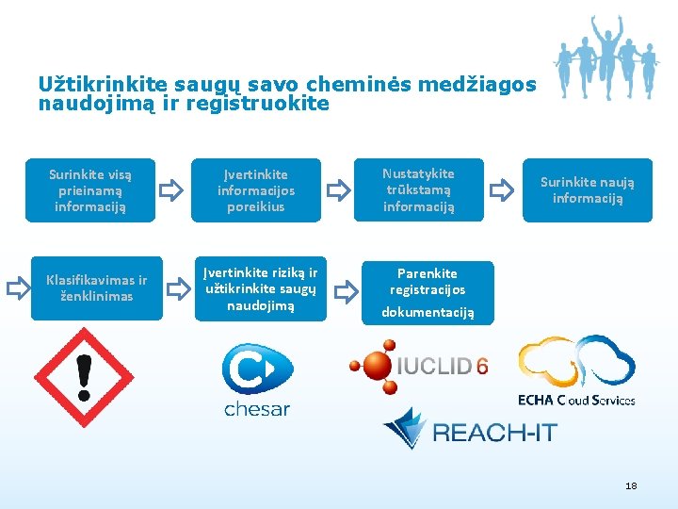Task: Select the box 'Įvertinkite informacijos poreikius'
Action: tap(255, 190)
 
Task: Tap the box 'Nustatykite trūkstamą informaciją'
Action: tap(418, 189)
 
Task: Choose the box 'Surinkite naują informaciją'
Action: tap(588, 189)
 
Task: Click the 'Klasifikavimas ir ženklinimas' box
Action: tap(96, 288)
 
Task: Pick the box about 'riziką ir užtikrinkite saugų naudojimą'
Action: tap(261, 288)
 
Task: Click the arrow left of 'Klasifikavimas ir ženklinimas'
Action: tap(18, 288)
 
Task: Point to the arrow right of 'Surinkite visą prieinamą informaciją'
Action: tap(171, 191)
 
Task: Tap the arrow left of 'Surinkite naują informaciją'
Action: tap(504, 191)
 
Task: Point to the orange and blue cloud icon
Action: tap(576, 362)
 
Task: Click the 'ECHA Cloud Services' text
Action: tap(576, 400)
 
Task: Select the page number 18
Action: tap(631, 485)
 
